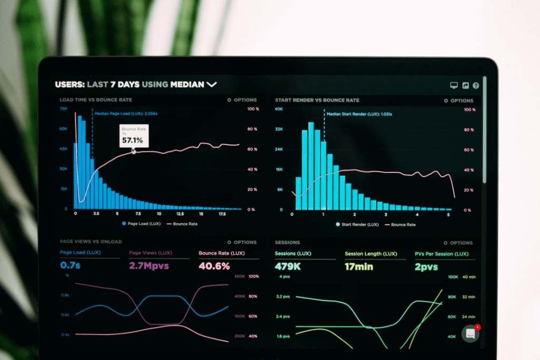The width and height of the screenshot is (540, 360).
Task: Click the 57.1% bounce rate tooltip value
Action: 132,141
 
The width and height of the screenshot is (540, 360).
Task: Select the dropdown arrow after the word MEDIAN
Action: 211,84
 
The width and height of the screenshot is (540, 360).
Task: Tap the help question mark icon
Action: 476,85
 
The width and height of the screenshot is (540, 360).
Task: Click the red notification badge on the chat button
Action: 477,327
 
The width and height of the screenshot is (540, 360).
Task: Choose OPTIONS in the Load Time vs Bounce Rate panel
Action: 242,100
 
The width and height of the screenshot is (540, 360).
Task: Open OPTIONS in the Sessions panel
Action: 458,243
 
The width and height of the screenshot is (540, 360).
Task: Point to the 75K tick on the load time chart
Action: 63,109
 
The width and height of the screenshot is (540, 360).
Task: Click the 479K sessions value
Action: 287,267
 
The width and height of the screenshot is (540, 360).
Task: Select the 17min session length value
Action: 359,267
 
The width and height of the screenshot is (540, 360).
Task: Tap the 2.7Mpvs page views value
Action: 149,266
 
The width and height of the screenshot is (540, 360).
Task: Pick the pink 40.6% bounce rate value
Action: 214,266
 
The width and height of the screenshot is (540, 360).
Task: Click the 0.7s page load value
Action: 70,266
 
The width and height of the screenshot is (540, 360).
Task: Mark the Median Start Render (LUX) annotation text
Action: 359,114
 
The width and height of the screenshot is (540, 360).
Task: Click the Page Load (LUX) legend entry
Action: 141,223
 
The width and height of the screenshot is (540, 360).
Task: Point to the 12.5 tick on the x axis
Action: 180,214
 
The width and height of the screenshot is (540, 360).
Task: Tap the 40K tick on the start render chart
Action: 279,109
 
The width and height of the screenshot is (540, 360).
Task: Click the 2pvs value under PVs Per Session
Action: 426,267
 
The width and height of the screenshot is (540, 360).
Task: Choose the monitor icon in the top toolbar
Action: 454,85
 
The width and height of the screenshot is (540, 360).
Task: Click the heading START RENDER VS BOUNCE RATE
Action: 317,100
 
